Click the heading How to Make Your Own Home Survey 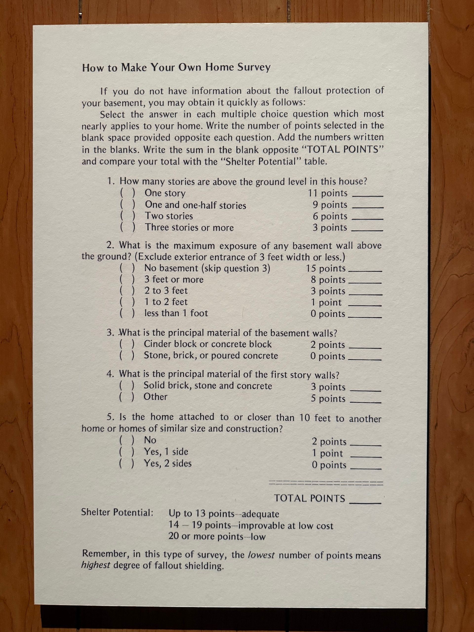pyautogui.click(x=176, y=68)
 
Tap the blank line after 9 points pyautogui.click(x=368, y=207)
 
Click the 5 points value pyautogui.click(x=328, y=398)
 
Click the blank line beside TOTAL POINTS pyautogui.click(x=366, y=502)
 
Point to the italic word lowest pyautogui.click(x=261, y=555)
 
